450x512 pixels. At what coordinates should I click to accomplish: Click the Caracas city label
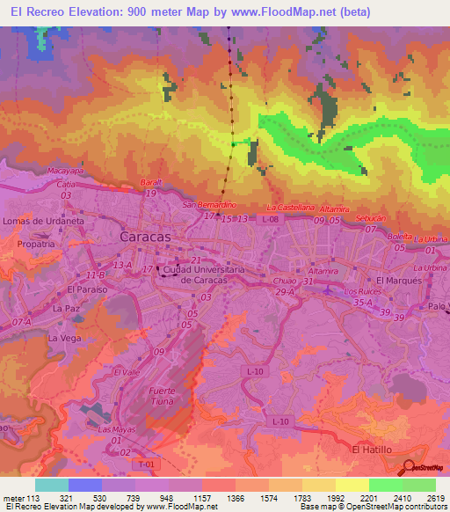(145, 238)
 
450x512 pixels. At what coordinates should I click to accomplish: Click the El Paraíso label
(85, 289)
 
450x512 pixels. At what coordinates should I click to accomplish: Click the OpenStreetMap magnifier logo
(410, 467)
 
